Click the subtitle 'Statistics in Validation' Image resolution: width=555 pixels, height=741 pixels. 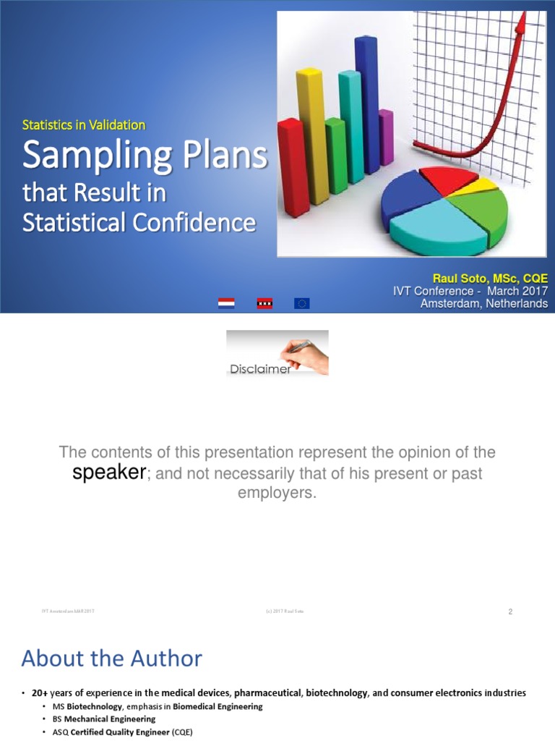(84, 125)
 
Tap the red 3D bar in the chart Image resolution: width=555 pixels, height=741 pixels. (292, 170)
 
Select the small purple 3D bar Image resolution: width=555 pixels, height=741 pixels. (387, 137)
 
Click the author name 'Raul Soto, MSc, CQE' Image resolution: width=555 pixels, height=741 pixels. (489, 279)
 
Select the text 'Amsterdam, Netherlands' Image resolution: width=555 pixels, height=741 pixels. (483, 304)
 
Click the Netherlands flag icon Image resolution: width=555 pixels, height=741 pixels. (226, 303)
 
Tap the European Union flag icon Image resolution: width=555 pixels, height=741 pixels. (302, 303)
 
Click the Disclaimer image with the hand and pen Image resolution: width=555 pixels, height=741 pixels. (277, 353)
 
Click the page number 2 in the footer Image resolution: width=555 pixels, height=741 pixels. (509, 612)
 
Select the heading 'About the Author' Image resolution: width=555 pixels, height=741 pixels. (112, 659)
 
